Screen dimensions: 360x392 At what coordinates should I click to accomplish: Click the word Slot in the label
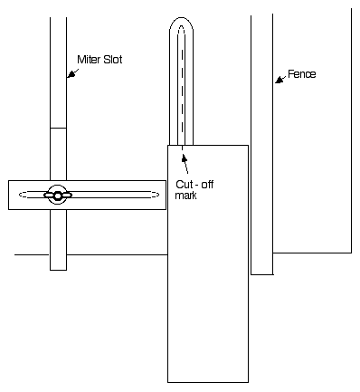coord(113,60)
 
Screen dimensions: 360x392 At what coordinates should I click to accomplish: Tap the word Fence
coord(302,74)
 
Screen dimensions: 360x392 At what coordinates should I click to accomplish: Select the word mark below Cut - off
coord(185,196)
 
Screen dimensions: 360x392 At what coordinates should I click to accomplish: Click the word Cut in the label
coord(184,185)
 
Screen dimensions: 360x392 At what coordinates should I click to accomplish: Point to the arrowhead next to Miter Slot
coord(71,74)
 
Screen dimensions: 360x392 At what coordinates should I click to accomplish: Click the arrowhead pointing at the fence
coord(279,80)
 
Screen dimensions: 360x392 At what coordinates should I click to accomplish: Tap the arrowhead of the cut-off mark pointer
coord(185,158)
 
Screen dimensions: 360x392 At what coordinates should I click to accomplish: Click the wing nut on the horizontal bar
coord(58,196)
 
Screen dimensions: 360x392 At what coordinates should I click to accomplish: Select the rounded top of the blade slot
coord(181,18)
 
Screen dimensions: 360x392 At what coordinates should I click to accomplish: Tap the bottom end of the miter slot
coord(58,270)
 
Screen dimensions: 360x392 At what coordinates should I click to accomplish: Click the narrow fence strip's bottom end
coord(262,274)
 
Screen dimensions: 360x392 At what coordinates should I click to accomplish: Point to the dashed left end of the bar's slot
coord(23,195)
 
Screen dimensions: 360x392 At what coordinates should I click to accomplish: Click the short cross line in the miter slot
coord(58,128)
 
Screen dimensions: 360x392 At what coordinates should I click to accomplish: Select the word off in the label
coord(207,185)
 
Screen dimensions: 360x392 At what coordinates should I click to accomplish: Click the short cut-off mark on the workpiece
coord(182,148)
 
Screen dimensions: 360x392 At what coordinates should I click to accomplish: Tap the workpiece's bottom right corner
coord(249,382)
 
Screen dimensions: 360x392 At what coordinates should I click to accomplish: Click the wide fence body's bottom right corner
coord(351,253)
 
